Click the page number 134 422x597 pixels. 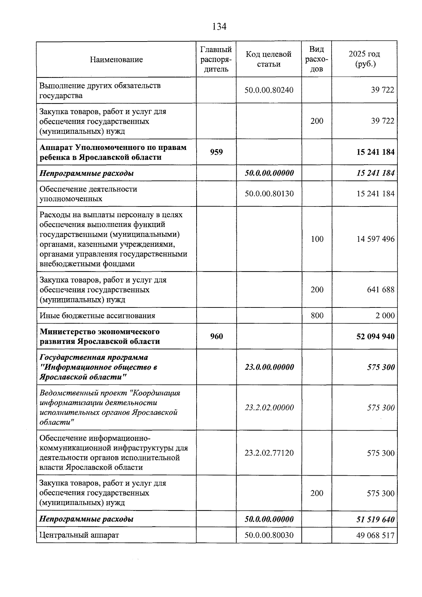tap(219, 26)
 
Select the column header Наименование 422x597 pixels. tap(116, 59)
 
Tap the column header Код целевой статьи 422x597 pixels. tap(269, 59)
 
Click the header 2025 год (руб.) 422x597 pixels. tap(364, 59)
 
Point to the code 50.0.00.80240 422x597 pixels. tap(269, 90)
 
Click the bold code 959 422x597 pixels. tap(216, 152)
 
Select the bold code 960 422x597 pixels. tap(216, 336)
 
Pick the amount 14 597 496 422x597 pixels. tap(375, 239)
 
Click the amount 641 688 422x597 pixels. tap(381, 290)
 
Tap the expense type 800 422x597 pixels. tap(317, 316)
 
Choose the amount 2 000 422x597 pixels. tap(385, 316)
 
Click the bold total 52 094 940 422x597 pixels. tap(375, 336)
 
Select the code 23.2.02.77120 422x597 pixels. tap(269, 453)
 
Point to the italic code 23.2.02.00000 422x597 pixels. tap(269, 407)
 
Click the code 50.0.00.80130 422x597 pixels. tap(269, 193)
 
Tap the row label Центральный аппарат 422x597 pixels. tap(79, 535)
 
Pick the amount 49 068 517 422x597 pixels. tap(375, 535)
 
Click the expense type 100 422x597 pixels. tap(317, 239)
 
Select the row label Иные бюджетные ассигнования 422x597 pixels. tap(97, 316)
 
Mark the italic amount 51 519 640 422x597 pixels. tap(375, 519)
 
